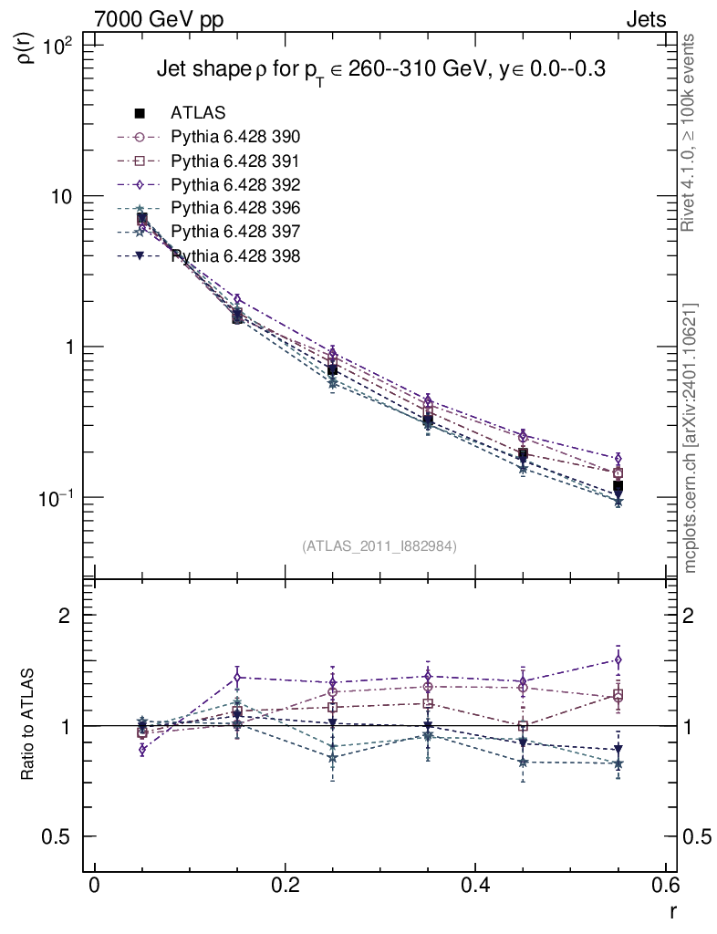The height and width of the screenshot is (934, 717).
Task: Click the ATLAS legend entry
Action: click(x=198, y=113)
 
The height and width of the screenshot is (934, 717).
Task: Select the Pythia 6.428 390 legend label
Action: click(x=235, y=137)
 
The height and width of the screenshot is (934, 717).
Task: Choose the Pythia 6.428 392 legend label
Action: click(x=235, y=184)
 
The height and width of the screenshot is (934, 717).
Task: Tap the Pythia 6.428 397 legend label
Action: click(x=235, y=232)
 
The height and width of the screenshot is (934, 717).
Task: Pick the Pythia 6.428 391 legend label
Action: click(x=235, y=161)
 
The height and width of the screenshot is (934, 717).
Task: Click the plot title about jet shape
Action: click(x=381, y=69)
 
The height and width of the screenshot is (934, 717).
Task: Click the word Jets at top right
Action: click(x=645, y=19)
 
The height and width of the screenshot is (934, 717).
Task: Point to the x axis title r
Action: click(x=672, y=910)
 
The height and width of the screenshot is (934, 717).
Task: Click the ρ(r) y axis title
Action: click(x=26, y=45)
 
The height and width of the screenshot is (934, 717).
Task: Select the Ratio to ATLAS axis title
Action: click(x=27, y=726)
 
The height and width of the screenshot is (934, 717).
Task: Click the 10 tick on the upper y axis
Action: click(x=67, y=197)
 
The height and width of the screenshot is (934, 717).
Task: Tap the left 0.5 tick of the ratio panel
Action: click(x=66, y=837)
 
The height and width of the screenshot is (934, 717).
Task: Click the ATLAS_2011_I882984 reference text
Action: click(x=379, y=545)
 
